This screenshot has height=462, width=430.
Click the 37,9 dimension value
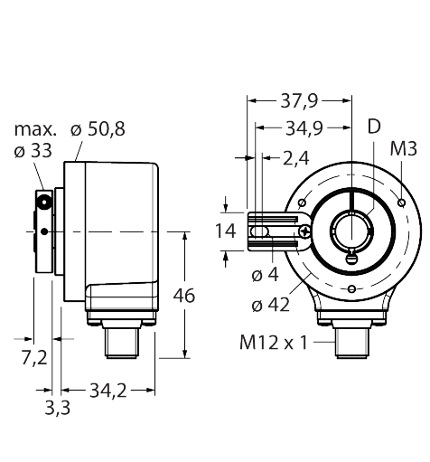coord(299,101)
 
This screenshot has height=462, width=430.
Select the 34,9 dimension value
coord(304,128)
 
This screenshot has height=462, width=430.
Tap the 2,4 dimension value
coord(295,158)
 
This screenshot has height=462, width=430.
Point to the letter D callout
coord(374,127)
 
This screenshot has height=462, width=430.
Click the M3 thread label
coord(404,148)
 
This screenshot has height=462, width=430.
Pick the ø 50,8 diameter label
coord(98,129)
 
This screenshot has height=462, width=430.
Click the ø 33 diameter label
coord(33,151)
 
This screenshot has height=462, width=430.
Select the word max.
coord(35,130)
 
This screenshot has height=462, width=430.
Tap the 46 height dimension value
coord(184,296)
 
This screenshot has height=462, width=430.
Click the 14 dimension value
coord(225,231)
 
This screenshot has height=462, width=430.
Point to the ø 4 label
coord(266,275)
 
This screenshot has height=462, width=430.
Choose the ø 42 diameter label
coord(270,305)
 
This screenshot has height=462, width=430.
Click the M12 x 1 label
coord(274,343)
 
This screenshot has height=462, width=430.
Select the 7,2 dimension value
coord(34,358)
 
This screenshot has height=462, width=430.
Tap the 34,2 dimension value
coord(108,391)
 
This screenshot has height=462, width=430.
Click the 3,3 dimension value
coord(57,409)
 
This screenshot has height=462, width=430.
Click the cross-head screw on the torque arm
coord(304,231)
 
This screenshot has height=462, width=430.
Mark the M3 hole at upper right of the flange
coord(401,203)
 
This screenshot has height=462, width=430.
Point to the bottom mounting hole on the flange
coord(351,289)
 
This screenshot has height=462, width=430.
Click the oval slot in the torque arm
coord(259,231)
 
